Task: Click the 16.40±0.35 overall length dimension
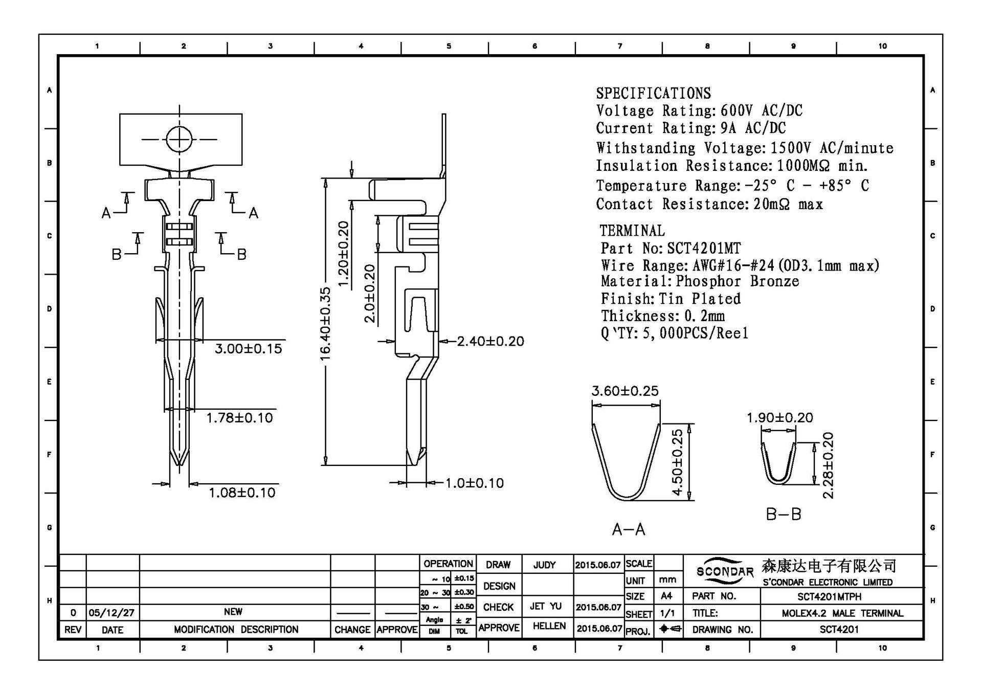click(x=325, y=323)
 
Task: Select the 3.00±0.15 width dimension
click(x=248, y=349)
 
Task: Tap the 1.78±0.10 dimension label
click(x=239, y=418)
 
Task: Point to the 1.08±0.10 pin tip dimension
click(x=241, y=492)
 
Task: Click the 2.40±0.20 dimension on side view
click(x=490, y=341)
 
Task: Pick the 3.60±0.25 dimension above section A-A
click(x=625, y=391)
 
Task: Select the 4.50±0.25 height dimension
click(x=677, y=462)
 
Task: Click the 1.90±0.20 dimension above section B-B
click(x=779, y=418)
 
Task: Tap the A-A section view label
click(x=629, y=529)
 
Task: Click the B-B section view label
click(x=783, y=514)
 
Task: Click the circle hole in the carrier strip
click(x=179, y=139)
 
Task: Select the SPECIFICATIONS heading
click(x=653, y=93)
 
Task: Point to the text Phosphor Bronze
click(x=737, y=281)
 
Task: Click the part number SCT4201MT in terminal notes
click(x=703, y=249)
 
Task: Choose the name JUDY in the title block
click(x=544, y=565)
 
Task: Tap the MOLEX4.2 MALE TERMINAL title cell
click(x=842, y=613)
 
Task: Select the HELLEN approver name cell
click(x=549, y=626)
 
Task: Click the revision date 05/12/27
click(x=111, y=613)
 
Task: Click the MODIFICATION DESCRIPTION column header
click(x=236, y=630)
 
